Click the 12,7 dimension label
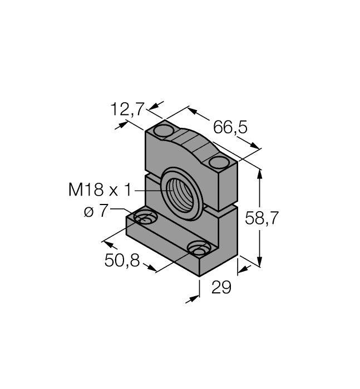point(127,109)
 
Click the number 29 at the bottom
point(221,287)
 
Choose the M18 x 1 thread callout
point(100,191)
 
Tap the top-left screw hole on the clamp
point(164,131)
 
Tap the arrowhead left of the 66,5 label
point(191,110)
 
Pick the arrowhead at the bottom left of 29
point(194,299)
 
